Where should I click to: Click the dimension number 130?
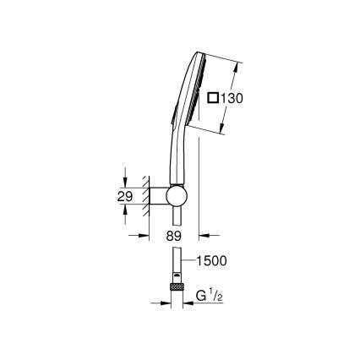point(230,99)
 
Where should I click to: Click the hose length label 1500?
point(213,262)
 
